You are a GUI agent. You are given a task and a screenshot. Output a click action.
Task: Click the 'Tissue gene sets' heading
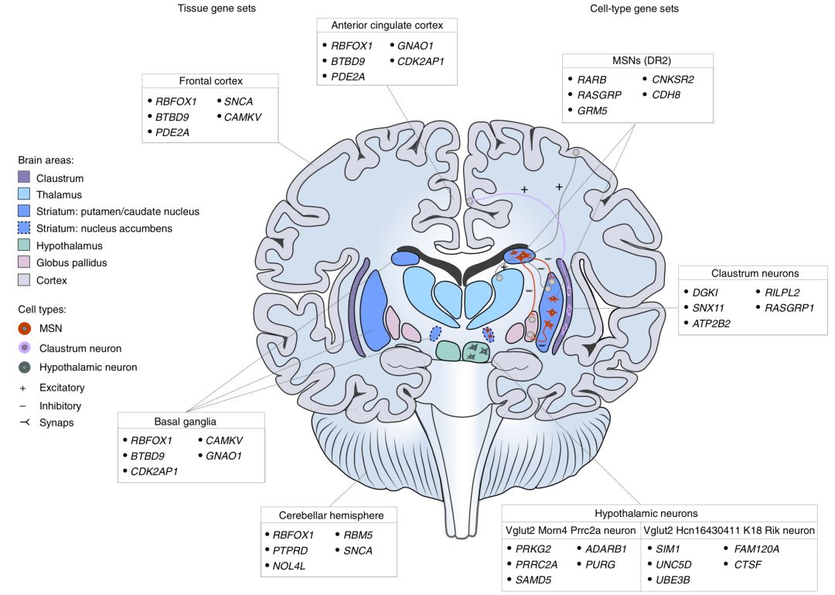pyautogui.click(x=216, y=9)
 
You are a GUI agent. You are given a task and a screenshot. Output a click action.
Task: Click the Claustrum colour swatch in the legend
pyautogui.click(x=24, y=178)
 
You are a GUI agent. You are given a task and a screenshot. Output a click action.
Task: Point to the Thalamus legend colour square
pyautogui.click(x=24, y=195)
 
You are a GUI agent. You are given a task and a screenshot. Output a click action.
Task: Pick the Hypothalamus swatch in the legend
pyautogui.click(x=24, y=245)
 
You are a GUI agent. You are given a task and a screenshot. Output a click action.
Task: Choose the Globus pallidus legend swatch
pyautogui.click(x=24, y=262)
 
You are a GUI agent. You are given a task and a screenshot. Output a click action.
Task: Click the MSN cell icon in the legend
pyautogui.click(x=24, y=329)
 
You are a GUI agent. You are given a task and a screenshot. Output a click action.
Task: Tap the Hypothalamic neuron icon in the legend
pyautogui.click(x=24, y=368)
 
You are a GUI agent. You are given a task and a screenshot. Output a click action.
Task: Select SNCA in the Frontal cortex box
pyautogui.click(x=239, y=101)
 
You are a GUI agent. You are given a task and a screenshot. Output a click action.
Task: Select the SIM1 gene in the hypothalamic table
pyautogui.click(x=667, y=549)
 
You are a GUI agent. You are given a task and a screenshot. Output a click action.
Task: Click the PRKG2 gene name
pyautogui.click(x=533, y=549)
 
